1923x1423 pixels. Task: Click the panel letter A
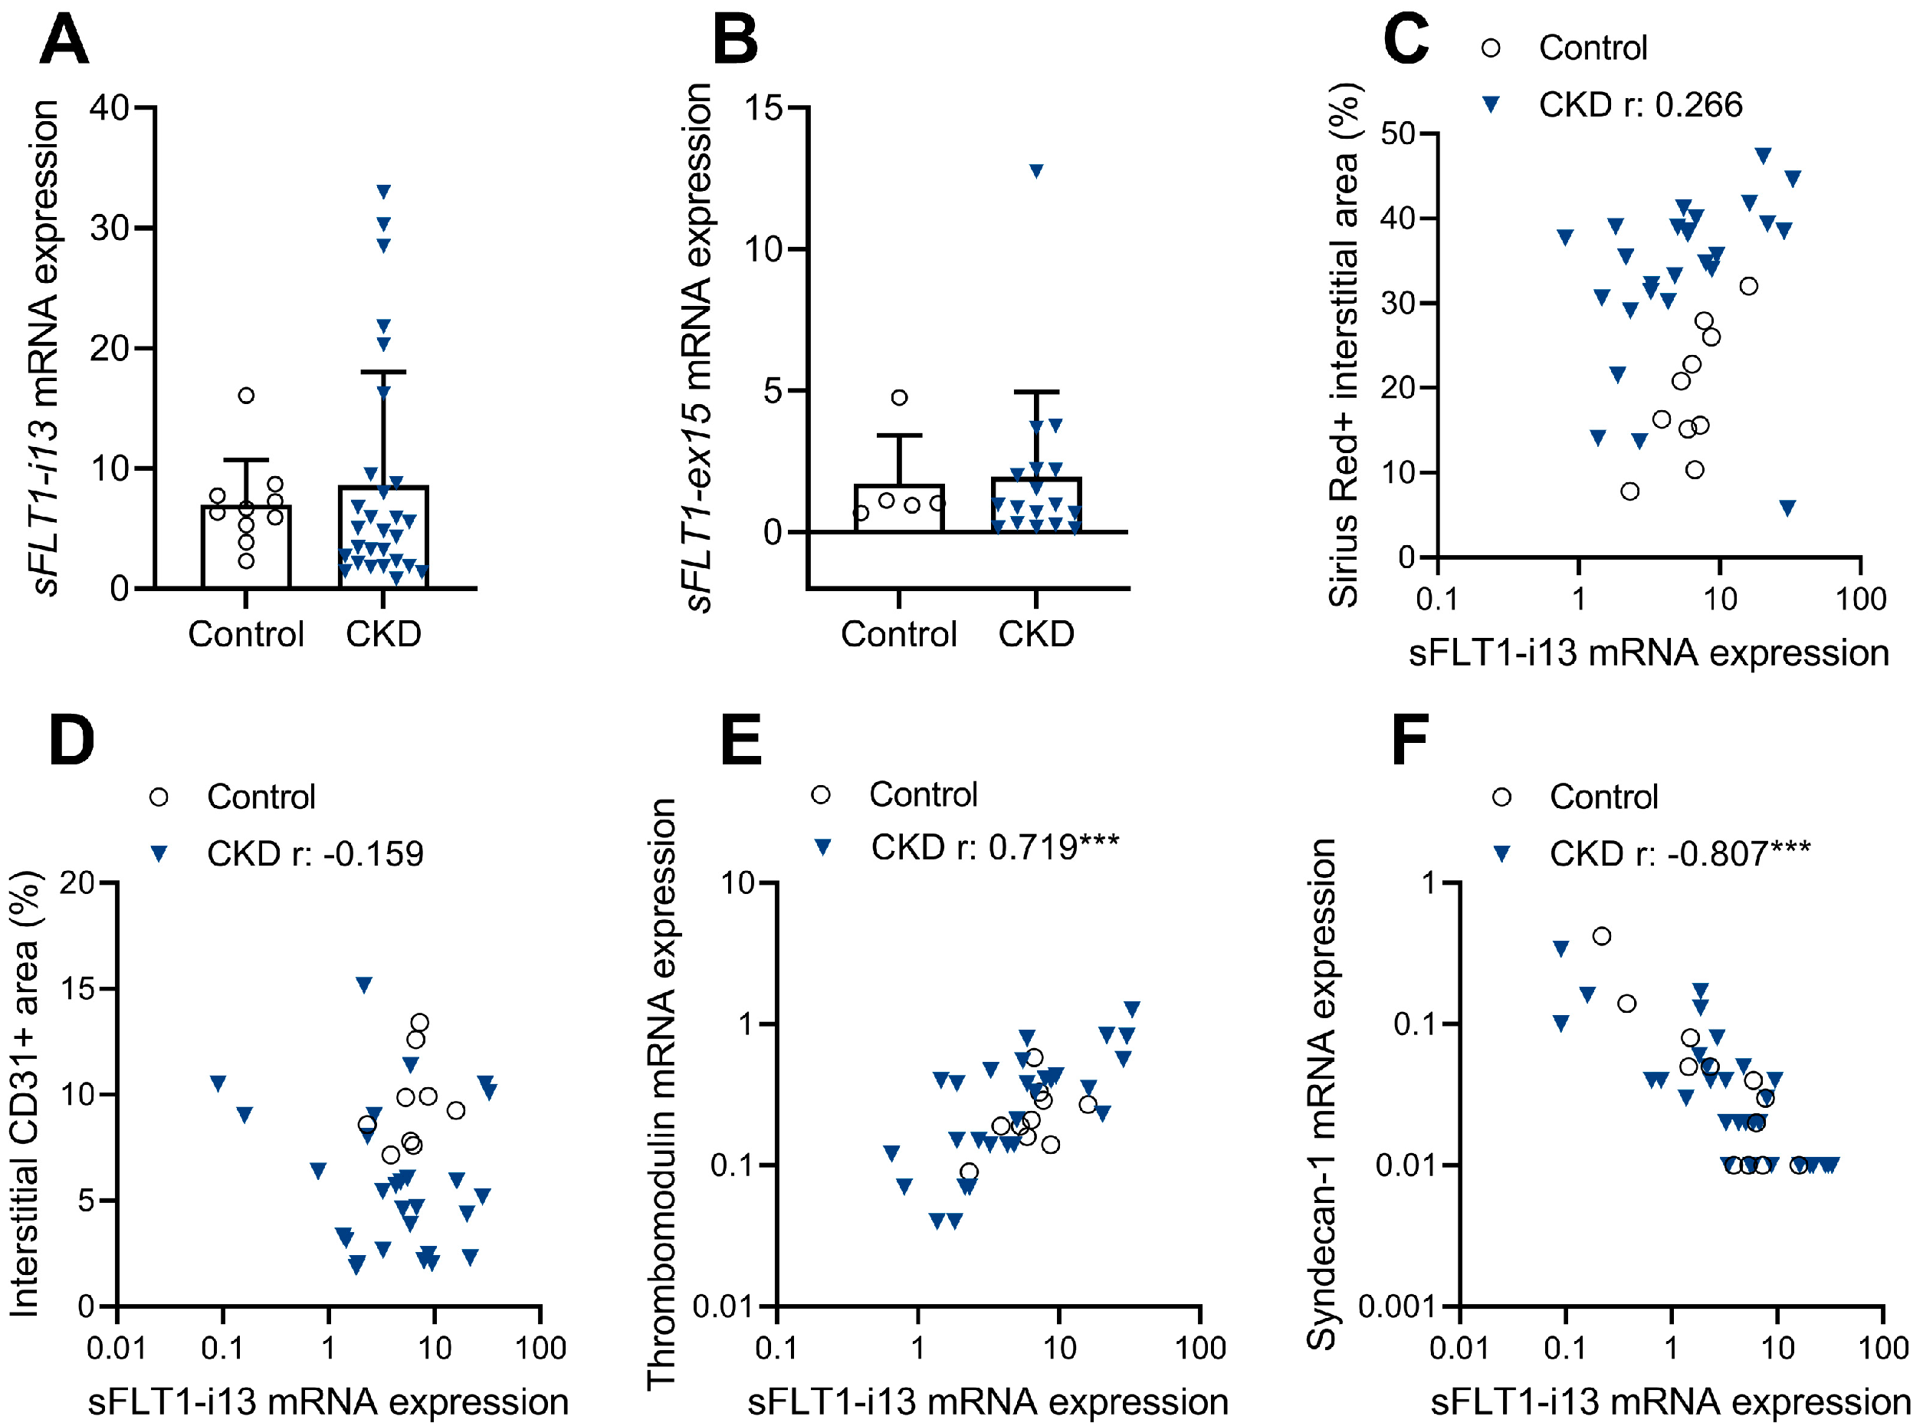pyautogui.click(x=64, y=40)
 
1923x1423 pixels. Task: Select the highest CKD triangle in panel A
pyautogui.click(x=383, y=191)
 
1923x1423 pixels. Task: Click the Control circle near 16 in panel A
pyautogui.click(x=246, y=396)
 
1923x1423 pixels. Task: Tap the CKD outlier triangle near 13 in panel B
pyautogui.click(x=1036, y=170)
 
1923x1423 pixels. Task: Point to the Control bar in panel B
pyautogui.click(x=899, y=508)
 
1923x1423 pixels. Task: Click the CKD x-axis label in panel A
pyautogui.click(x=383, y=634)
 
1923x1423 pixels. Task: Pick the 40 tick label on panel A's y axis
pyautogui.click(x=110, y=109)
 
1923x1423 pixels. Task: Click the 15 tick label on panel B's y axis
pyautogui.click(x=763, y=109)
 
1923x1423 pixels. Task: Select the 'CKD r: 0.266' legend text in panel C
pyautogui.click(x=1639, y=105)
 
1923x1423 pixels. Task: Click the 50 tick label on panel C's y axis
pyautogui.click(x=1396, y=133)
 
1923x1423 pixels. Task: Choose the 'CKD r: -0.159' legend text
pyautogui.click(x=314, y=853)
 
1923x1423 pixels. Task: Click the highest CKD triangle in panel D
pyautogui.click(x=363, y=984)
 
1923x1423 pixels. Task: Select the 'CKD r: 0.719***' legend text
pyautogui.click(x=994, y=848)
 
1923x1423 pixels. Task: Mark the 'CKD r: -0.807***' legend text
pyautogui.click(x=1679, y=853)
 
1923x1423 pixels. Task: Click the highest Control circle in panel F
pyautogui.click(x=1601, y=936)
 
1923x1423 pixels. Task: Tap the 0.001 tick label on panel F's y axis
pyautogui.click(x=1393, y=1306)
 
